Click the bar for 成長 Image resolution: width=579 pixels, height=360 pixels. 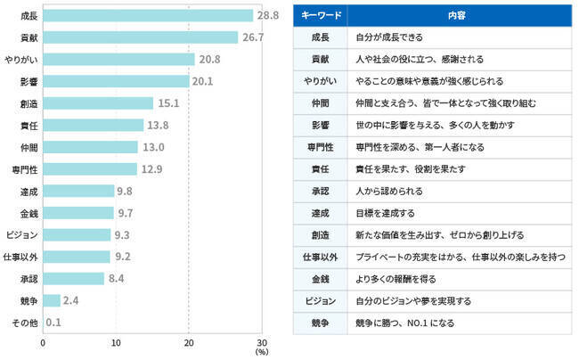click(148, 15)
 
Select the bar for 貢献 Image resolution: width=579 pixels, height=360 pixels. click(141, 37)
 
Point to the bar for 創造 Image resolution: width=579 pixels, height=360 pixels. click(98, 102)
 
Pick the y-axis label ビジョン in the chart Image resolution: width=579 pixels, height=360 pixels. click(22, 234)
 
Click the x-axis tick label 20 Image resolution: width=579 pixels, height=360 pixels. click(188, 342)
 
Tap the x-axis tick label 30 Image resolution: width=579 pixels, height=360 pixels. click(261, 342)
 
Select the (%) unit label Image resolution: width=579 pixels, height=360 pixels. click(261, 354)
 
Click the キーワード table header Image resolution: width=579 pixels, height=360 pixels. click(321, 16)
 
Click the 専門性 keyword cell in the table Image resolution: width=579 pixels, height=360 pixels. click(321, 146)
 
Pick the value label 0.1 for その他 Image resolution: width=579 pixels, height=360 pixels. click(53, 322)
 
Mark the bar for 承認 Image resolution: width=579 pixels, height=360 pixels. click(73, 278)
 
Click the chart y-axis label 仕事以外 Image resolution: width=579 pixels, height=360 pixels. click(22, 257)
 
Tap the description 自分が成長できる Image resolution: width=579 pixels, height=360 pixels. click(389, 38)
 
